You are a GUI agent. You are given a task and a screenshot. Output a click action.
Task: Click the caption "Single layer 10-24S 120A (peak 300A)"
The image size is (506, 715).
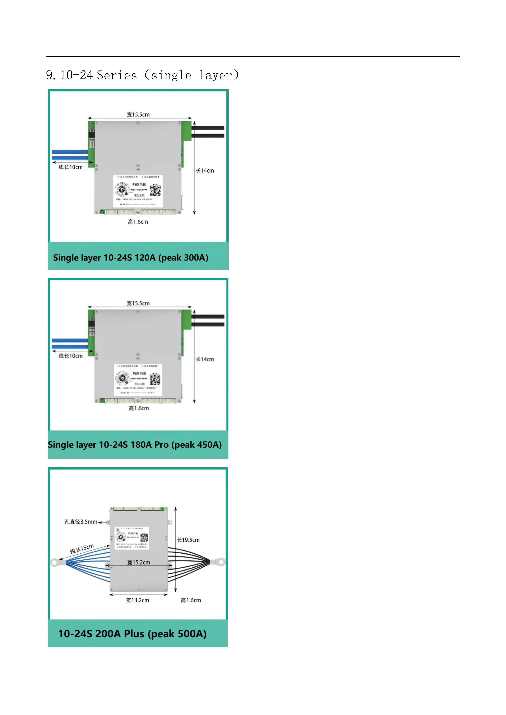(x=131, y=258)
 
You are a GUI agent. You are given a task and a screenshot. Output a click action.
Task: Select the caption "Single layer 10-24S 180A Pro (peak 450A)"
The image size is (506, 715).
(x=135, y=444)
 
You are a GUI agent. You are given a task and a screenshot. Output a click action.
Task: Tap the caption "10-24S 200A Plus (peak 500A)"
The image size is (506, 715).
(x=132, y=633)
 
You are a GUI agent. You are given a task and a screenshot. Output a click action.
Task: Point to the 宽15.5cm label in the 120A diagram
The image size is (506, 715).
(x=138, y=115)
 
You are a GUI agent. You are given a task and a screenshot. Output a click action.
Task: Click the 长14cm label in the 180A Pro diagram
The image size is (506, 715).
(x=205, y=359)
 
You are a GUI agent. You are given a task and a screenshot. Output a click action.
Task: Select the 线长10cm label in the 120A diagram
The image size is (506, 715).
(x=71, y=167)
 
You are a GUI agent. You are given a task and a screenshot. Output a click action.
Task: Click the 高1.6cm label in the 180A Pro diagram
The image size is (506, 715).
(x=139, y=408)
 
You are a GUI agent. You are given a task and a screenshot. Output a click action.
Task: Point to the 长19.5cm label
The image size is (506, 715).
(x=188, y=540)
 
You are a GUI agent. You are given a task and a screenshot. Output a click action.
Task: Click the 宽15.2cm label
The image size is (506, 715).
(x=139, y=562)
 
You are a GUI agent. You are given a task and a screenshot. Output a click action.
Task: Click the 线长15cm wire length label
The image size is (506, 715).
(x=82, y=549)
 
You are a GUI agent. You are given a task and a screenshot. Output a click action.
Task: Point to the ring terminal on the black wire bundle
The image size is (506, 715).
(x=221, y=562)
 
